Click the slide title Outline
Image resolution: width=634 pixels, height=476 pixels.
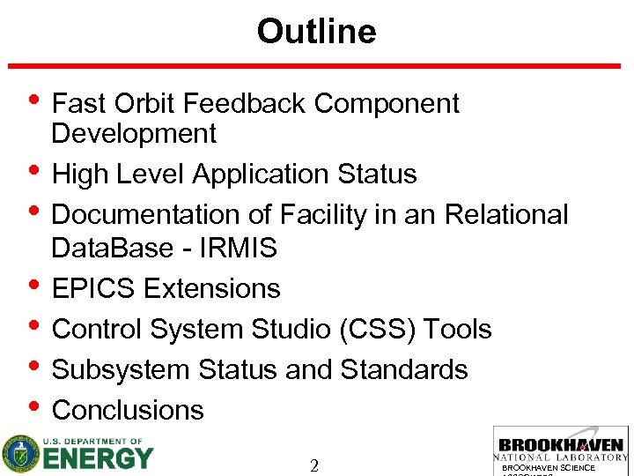316,32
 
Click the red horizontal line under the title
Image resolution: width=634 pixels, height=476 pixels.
314,66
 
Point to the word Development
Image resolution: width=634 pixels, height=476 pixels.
133,134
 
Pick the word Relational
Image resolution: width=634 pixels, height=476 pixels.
506,215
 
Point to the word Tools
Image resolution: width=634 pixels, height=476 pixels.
458,330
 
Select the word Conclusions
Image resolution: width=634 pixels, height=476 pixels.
128,410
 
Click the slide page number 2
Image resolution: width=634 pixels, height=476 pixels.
314,465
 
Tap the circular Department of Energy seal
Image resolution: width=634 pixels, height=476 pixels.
20,454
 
